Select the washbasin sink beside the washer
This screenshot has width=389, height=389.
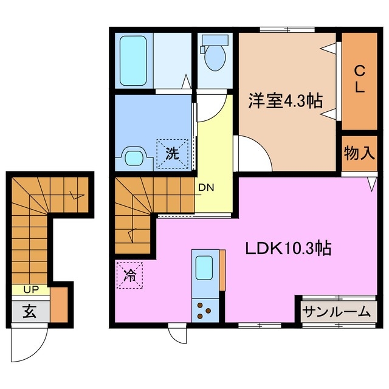click(133, 158)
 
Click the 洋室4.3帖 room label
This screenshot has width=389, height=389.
click(285, 101)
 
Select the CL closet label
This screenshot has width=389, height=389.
click(359, 78)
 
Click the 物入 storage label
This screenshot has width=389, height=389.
click(358, 153)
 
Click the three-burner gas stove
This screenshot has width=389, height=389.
click(204, 310)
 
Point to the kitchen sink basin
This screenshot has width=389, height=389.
click(204, 267)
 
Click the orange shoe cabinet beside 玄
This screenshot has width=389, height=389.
click(59, 305)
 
